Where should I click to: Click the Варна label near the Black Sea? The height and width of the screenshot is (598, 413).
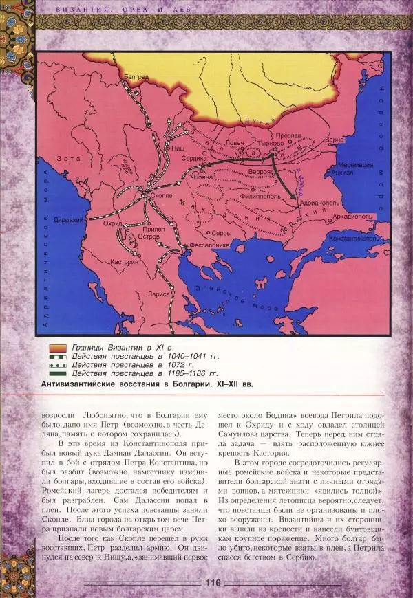coord(335,140)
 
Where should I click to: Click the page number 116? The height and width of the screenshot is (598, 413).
coord(212,582)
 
